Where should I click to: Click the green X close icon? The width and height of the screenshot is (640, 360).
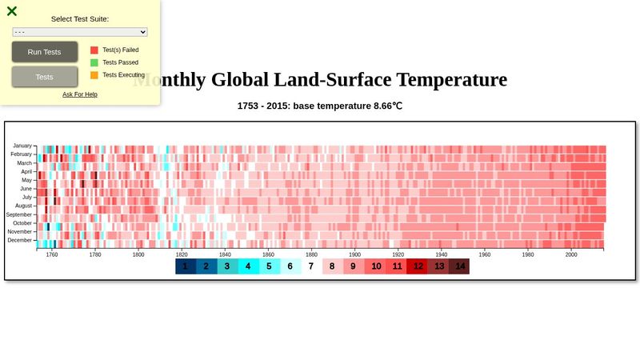pos(12,11)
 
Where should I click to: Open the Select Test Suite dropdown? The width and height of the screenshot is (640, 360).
pos(80,32)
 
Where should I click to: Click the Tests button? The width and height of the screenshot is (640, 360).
pos(45,77)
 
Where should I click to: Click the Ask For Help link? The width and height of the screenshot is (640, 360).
pos(80,94)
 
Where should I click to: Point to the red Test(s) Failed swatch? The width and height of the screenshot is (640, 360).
pos(94,50)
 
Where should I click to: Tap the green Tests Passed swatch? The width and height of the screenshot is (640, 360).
pos(94,62)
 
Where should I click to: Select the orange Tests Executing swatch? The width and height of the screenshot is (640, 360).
pos(94,75)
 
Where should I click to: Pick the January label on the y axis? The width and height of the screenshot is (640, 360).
pos(22,146)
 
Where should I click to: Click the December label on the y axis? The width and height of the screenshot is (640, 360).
pos(20,240)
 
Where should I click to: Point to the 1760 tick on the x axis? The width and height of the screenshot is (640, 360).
pos(52,254)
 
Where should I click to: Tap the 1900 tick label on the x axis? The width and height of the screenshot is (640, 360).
pos(354,254)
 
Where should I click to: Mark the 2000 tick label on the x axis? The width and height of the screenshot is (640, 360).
pos(570,254)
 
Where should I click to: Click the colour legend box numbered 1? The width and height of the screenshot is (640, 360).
pos(186,266)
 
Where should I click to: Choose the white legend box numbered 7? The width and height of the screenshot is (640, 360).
pos(311,266)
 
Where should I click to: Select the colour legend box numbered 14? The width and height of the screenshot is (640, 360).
pos(459,266)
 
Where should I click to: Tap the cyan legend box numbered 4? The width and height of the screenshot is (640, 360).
pos(248,266)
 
